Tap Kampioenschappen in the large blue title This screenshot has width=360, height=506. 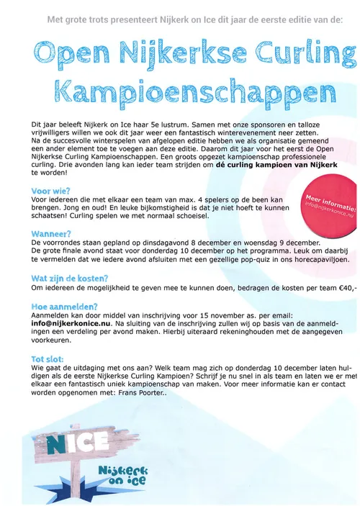tap(192, 91)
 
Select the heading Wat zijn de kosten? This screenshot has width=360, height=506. tap(70, 278)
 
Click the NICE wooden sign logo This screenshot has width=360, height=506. tap(62, 440)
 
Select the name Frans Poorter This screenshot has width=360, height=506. tap(141, 392)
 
